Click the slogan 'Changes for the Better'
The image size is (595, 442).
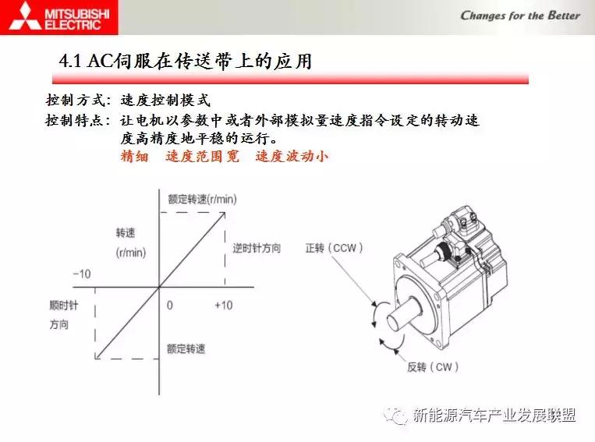coord(520,15)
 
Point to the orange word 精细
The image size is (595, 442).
coord(135,156)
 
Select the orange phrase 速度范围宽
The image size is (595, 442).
coord(203,156)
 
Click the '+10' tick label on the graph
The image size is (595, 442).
coord(223,305)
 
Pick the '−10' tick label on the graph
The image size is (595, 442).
coord(81,274)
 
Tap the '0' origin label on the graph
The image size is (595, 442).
coord(169,305)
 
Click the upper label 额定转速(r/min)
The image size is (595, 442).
coord(202,200)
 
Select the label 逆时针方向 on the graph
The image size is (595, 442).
coord(257,248)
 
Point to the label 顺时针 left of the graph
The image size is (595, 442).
coord(58,305)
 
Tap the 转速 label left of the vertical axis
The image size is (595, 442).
coord(126,233)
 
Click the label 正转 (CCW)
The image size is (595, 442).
coord(334,248)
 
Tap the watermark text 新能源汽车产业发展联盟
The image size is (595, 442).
coord(494,415)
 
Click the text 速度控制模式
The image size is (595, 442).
coord(165,101)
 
